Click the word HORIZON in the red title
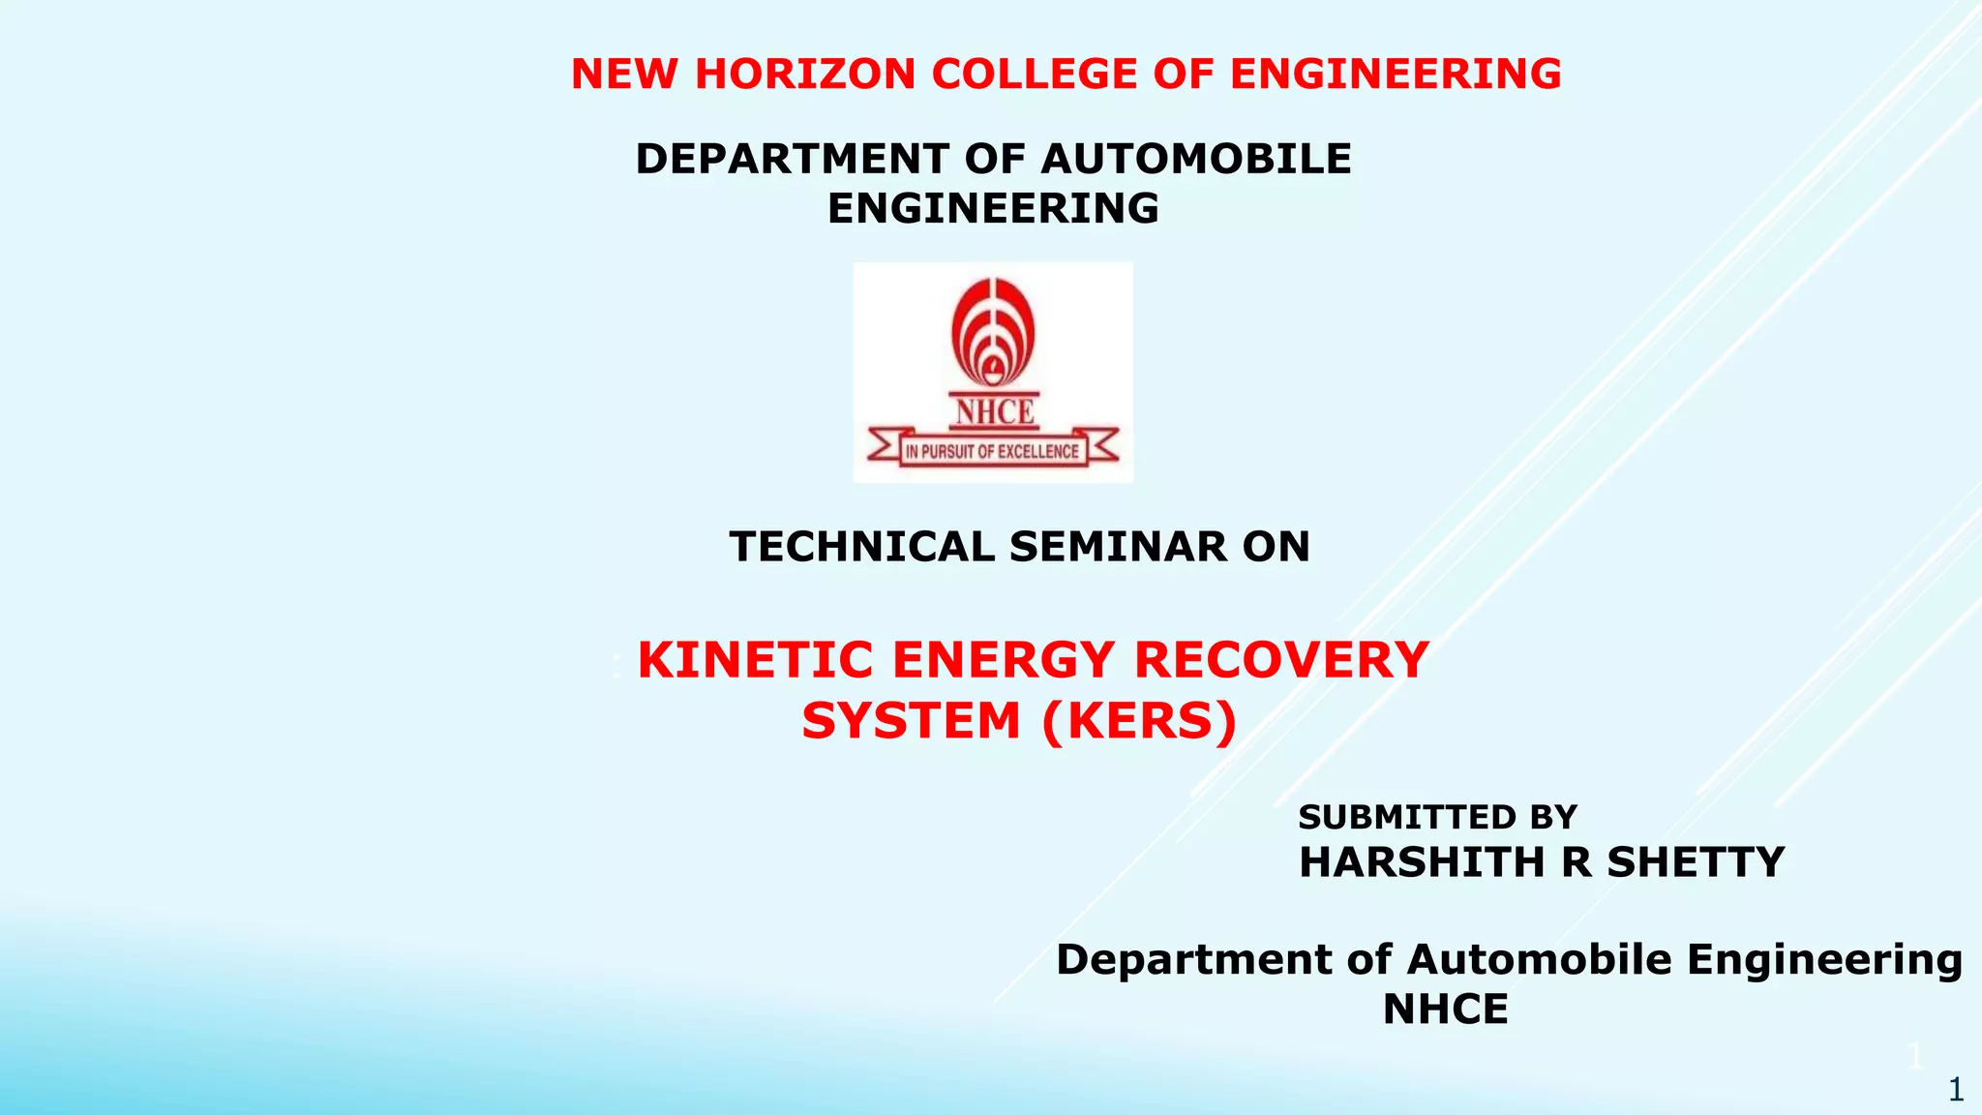(x=805, y=75)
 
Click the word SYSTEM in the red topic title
(x=911, y=721)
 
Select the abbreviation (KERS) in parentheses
(x=1139, y=721)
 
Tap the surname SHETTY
(x=1696, y=862)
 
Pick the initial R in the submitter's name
(x=1576, y=862)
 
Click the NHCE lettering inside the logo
(x=995, y=412)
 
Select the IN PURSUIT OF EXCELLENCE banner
(x=992, y=451)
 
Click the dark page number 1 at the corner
(x=1956, y=1091)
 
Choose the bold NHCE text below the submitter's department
(x=1445, y=1010)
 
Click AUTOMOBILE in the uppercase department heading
(x=1196, y=159)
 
